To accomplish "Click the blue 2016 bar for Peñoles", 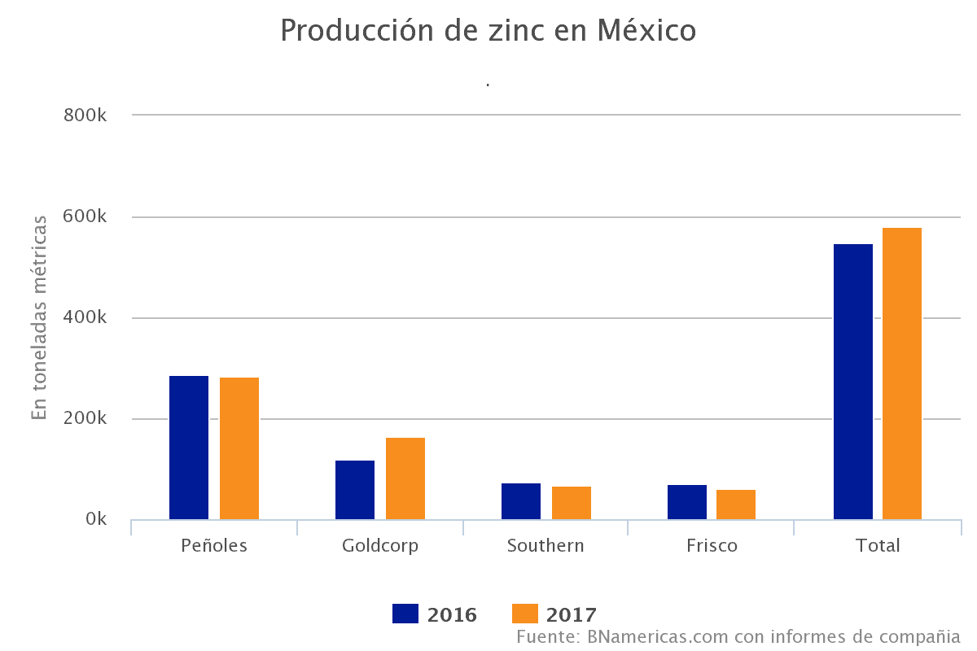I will click(x=189, y=448).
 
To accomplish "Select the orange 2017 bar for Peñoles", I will click(x=239, y=448).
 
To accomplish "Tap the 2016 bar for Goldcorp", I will click(x=355, y=490).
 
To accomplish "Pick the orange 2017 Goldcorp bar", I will click(x=405, y=478).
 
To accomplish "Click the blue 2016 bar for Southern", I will click(x=521, y=501).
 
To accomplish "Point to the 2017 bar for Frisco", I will click(x=736, y=505).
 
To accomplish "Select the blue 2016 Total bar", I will click(x=853, y=382).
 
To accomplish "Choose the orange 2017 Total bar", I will click(x=902, y=374).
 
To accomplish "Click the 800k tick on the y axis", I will click(x=85, y=116).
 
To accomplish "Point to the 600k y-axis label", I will click(x=85, y=217).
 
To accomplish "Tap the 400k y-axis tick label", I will click(x=85, y=318).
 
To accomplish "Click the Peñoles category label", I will click(x=214, y=545).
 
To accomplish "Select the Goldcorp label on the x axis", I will click(x=380, y=545).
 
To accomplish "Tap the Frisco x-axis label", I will click(x=712, y=545).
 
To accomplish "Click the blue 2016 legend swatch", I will click(x=405, y=614).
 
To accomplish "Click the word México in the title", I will click(x=647, y=31).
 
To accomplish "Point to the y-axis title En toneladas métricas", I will click(x=40, y=317).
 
